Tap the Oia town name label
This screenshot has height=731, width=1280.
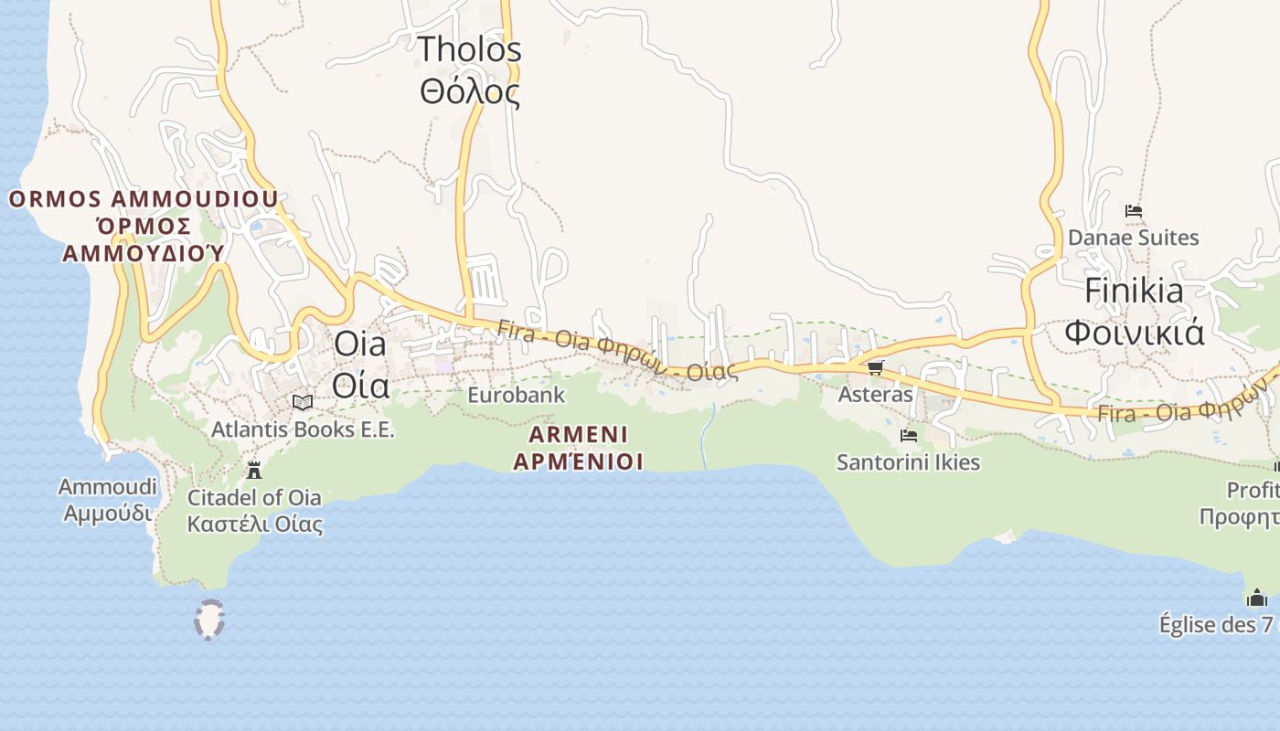pos(360,365)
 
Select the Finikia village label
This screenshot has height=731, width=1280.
pos(1134,312)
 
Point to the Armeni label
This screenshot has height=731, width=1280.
pos(578,447)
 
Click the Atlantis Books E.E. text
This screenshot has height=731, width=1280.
pos(303,429)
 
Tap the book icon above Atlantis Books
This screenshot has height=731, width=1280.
pos(303,402)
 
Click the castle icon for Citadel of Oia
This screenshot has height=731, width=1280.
pos(254,471)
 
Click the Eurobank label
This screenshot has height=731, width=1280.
pos(516,395)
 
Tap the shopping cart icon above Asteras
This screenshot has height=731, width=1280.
pos(875,367)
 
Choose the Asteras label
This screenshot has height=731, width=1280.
pos(875,394)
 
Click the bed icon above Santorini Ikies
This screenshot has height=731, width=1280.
pos(908,436)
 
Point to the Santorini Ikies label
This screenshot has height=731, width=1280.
pos(908,462)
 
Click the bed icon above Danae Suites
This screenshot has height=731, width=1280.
pos(1134,211)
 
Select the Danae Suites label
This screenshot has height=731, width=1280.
pos(1133,238)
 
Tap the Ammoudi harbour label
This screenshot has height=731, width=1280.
pos(108,500)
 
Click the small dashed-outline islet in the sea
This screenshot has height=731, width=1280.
pos(209,620)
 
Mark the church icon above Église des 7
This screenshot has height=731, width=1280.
pos(1257,598)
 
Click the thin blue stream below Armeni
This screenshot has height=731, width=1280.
pos(705,439)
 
